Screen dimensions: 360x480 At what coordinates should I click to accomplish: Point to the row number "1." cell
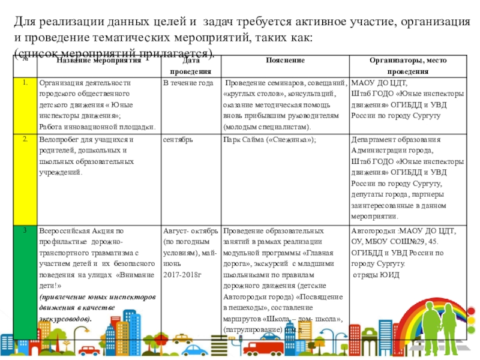25,82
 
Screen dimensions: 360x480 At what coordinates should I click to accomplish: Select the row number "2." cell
25,139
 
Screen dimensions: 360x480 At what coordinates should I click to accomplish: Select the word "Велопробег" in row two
58,140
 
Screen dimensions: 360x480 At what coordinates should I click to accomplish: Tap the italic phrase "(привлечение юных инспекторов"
97,298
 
